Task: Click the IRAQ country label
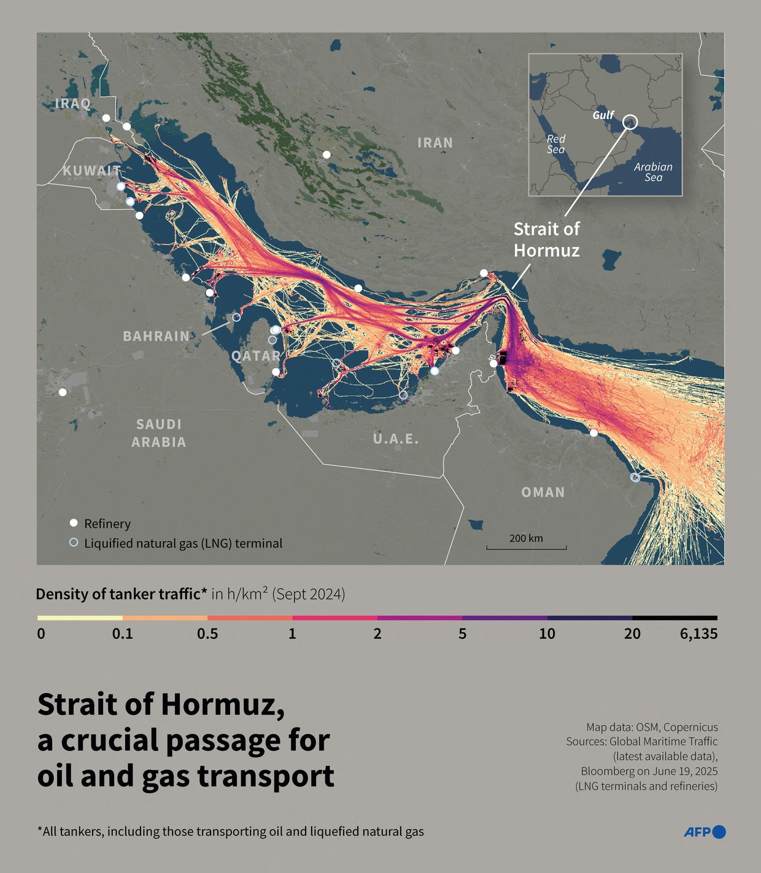(x=73, y=103)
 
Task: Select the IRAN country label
(x=435, y=143)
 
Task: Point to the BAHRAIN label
(x=156, y=336)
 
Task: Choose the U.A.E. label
(x=396, y=439)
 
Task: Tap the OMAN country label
(x=543, y=492)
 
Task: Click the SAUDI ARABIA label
(x=159, y=433)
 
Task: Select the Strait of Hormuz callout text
(x=546, y=240)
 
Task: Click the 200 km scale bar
(x=526, y=546)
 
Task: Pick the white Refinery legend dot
(x=74, y=523)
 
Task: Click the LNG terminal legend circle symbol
(x=74, y=543)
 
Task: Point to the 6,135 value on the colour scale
(x=698, y=634)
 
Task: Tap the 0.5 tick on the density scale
(x=207, y=634)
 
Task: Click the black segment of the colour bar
(x=674, y=618)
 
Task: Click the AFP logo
(x=705, y=832)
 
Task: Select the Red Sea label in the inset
(x=556, y=144)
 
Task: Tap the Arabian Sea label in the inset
(x=653, y=172)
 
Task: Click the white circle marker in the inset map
(x=630, y=121)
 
